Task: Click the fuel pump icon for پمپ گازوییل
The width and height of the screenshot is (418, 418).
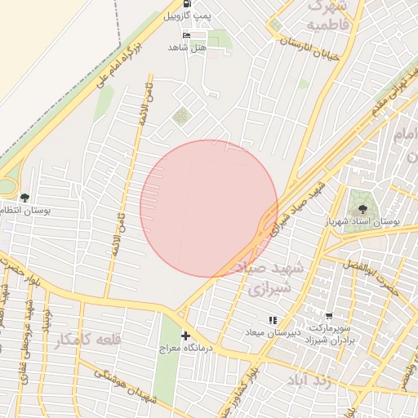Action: pos(188,3)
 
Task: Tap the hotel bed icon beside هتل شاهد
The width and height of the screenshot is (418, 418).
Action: pos(188,36)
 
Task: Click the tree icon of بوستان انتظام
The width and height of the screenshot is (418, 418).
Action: pos(24,198)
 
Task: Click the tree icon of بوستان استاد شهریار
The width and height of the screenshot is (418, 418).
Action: pos(358,196)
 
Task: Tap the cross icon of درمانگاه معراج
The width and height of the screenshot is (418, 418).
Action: pos(186,336)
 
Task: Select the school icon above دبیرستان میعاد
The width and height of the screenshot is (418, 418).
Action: pos(273,320)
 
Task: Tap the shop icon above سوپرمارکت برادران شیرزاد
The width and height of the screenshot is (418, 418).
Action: pos(329,315)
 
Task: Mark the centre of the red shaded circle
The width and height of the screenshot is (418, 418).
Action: pos(209,208)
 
